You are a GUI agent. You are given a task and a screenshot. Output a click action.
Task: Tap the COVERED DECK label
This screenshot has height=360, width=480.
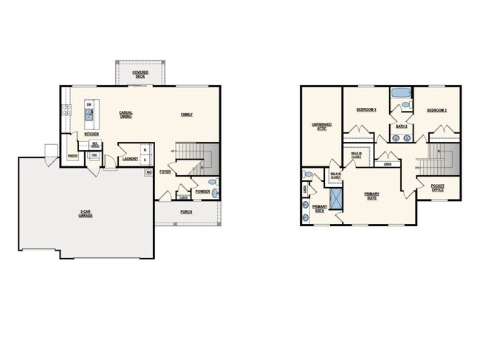[x=140, y=74]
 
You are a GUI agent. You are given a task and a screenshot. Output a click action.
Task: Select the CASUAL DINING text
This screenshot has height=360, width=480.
[x=126, y=115]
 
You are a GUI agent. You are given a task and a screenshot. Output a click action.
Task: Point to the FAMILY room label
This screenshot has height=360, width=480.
[x=187, y=114]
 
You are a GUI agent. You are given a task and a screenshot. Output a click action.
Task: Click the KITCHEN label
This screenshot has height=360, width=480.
[x=92, y=134]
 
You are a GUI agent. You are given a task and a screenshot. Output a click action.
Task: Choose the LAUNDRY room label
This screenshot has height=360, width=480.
[x=131, y=158]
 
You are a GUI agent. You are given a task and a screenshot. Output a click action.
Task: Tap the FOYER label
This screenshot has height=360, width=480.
[x=164, y=171]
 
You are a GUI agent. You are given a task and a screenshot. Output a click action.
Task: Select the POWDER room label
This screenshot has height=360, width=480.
[x=202, y=191]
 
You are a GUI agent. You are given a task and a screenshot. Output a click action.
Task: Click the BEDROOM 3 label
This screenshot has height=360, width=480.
[x=366, y=109]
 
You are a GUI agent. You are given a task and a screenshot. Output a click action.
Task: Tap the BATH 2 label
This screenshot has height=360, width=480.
[x=402, y=126]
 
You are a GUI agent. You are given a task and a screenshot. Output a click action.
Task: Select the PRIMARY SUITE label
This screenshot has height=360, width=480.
[x=371, y=196]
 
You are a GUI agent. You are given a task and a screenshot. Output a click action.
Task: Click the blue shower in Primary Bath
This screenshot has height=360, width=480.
[x=335, y=200]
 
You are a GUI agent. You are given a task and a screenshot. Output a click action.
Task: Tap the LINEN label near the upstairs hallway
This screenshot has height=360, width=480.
[x=387, y=164]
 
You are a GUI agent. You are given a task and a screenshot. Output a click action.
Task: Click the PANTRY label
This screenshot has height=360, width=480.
[x=72, y=156]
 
